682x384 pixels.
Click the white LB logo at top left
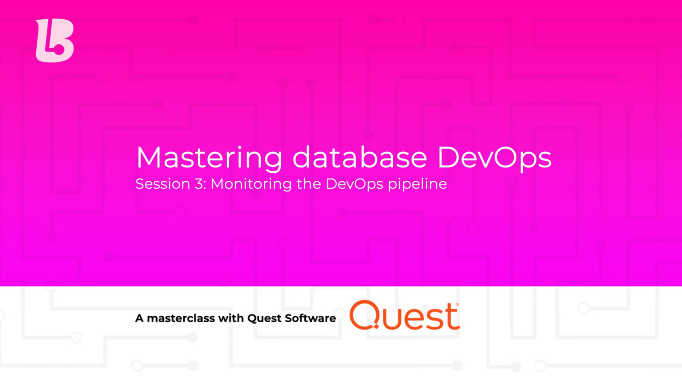(x=55, y=41)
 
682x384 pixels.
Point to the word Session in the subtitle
(x=163, y=184)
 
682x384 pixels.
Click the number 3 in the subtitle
(x=199, y=184)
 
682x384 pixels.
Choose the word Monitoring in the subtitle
(x=251, y=185)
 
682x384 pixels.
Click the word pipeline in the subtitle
(x=417, y=185)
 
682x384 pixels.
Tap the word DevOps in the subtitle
(x=354, y=185)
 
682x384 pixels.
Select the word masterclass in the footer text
(x=181, y=318)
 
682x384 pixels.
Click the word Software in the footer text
(x=310, y=318)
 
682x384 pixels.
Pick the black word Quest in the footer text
(x=264, y=318)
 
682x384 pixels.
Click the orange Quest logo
(x=404, y=315)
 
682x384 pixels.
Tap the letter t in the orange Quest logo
(x=453, y=316)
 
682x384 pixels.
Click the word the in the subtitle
(x=308, y=184)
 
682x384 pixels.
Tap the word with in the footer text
(x=231, y=318)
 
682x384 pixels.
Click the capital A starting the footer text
(x=139, y=318)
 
